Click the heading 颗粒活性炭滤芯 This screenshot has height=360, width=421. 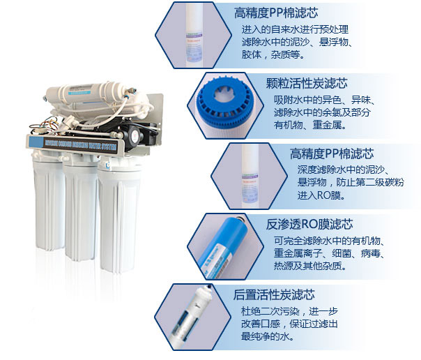[307, 82]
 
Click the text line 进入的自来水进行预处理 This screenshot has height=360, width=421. [294, 29]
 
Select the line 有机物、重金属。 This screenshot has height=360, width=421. [310, 125]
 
